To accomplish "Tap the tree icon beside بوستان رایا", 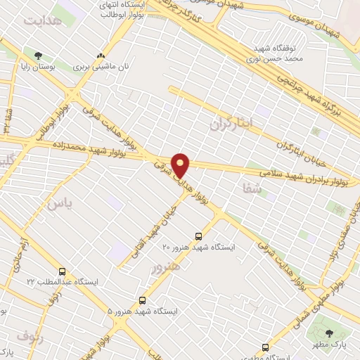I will [x=38, y=56].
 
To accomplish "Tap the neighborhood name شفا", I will [x=252, y=188].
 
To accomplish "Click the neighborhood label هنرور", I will [x=166, y=266].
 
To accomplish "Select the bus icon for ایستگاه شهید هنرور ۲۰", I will [x=198, y=237].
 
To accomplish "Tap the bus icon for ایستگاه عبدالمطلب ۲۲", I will [x=63, y=271].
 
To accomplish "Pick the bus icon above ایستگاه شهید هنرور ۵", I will [x=143, y=300].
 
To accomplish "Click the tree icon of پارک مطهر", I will [x=330, y=333].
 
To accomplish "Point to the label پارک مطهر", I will [x=330, y=346].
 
